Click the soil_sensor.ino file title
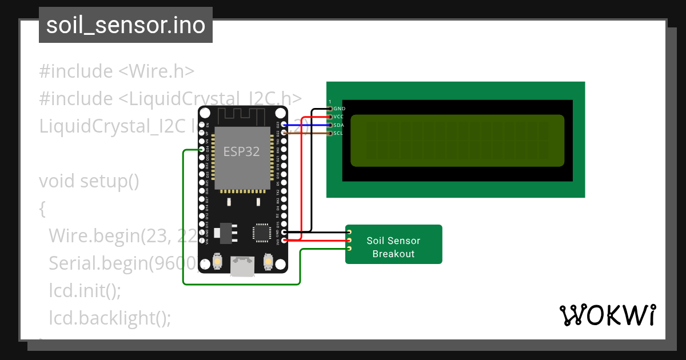[x=126, y=25]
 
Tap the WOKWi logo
[x=607, y=315]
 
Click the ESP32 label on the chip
[x=241, y=151]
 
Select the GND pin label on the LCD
[x=339, y=108]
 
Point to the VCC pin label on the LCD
[x=338, y=117]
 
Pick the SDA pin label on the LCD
[x=338, y=125]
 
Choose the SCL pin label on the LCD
[x=338, y=133]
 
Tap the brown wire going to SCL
[x=309, y=134]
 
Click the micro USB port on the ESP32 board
[x=242, y=266]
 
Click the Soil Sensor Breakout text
[x=393, y=247]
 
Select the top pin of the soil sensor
[x=349, y=232]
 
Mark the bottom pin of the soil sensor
[x=349, y=249]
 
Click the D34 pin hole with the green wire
[x=201, y=149]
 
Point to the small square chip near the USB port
[x=262, y=233]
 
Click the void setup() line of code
[x=89, y=181]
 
